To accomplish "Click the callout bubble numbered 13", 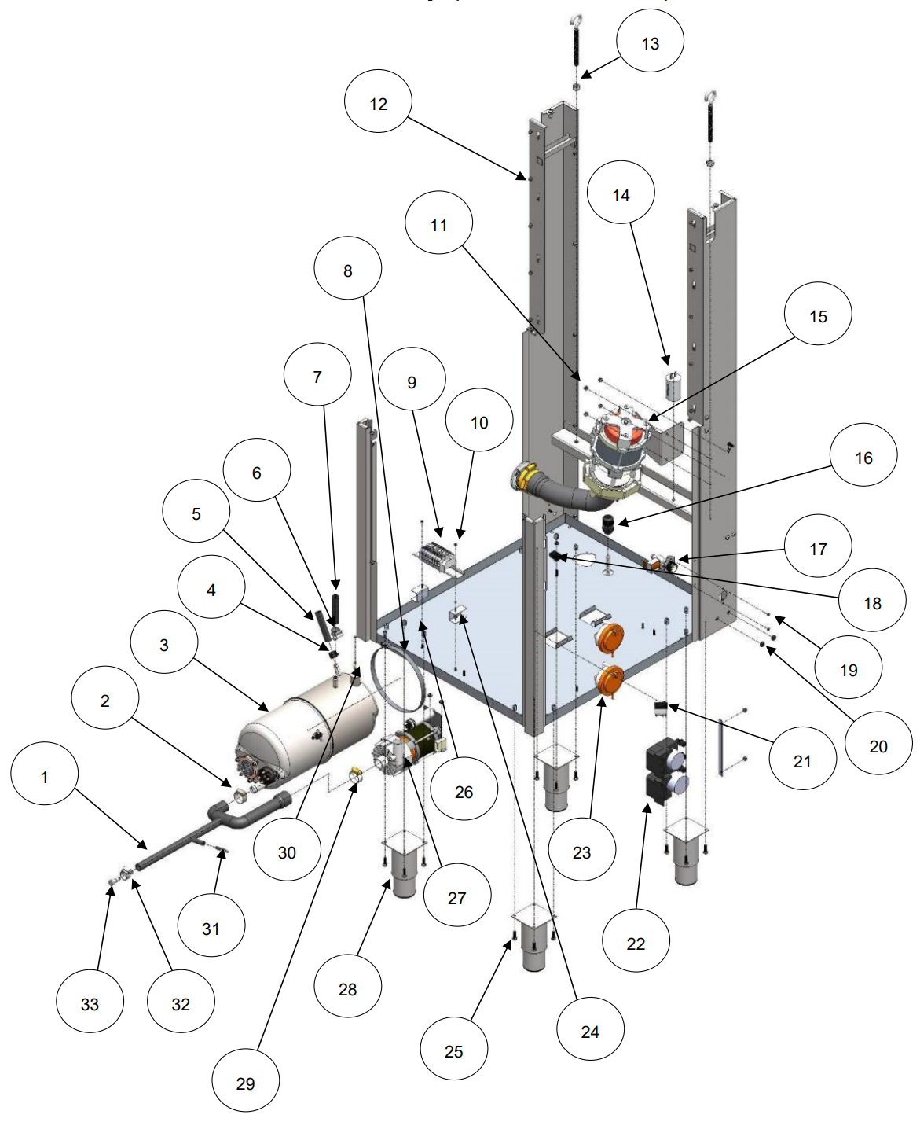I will click(x=650, y=43).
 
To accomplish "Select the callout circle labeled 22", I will click(x=636, y=943).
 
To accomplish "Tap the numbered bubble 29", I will click(x=245, y=1083).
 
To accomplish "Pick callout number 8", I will click(x=348, y=270).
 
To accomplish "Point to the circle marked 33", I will click(x=90, y=1003).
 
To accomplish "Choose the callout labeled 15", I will click(x=818, y=316).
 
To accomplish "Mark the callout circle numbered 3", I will click(x=164, y=645).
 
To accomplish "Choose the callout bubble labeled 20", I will click(x=878, y=745).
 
